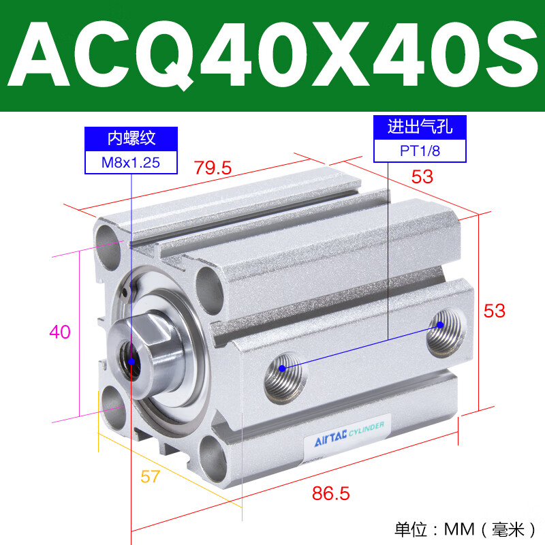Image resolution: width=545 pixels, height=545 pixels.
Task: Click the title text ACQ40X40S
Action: (x=272, y=56)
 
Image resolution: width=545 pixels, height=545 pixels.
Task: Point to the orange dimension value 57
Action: (x=151, y=476)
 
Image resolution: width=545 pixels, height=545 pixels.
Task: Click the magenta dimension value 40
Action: (x=60, y=332)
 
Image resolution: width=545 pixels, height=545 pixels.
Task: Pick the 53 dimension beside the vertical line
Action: (x=495, y=310)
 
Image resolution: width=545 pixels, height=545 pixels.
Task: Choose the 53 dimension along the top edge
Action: (x=422, y=176)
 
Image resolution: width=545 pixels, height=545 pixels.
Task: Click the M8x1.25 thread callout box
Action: (x=131, y=162)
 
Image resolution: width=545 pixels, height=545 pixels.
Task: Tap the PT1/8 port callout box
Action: (x=420, y=151)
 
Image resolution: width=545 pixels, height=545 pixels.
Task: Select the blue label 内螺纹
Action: (x=131, y=139)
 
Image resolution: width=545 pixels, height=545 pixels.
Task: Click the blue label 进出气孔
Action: (x=420, y=127)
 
